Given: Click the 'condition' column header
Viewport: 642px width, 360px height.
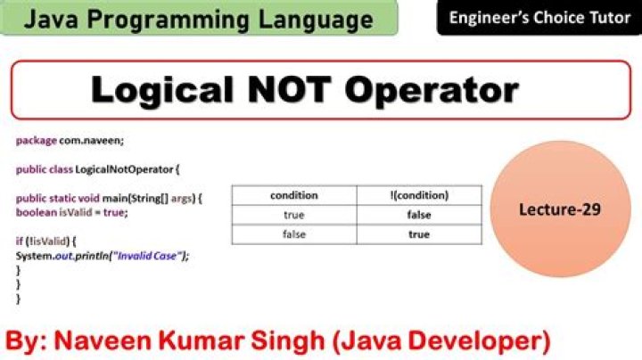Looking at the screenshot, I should pos(293,195).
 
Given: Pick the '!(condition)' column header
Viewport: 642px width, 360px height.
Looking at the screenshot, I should pos(419,195).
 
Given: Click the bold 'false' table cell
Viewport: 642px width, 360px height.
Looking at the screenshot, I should pos(419,215).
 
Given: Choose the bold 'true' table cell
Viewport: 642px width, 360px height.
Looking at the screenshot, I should pos(419,234).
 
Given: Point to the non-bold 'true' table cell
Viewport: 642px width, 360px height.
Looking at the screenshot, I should pos(293,215).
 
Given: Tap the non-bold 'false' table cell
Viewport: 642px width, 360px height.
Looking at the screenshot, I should pos(293,234).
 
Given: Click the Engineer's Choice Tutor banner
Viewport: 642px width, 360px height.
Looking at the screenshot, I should pos(539,18).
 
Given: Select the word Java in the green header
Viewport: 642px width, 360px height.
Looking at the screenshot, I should pos(56,19).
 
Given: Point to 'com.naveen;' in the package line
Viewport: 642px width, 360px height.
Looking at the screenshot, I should pos(88,141).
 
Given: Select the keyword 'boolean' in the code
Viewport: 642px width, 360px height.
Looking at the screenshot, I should pos(35,212).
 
